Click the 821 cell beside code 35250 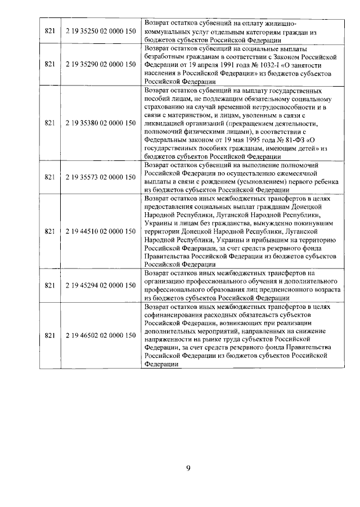tap(49, 32)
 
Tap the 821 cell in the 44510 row tap(49, 231)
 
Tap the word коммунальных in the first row tap(166, 32)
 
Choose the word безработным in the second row tap(166, 56)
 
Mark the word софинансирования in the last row tap(174, 315)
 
